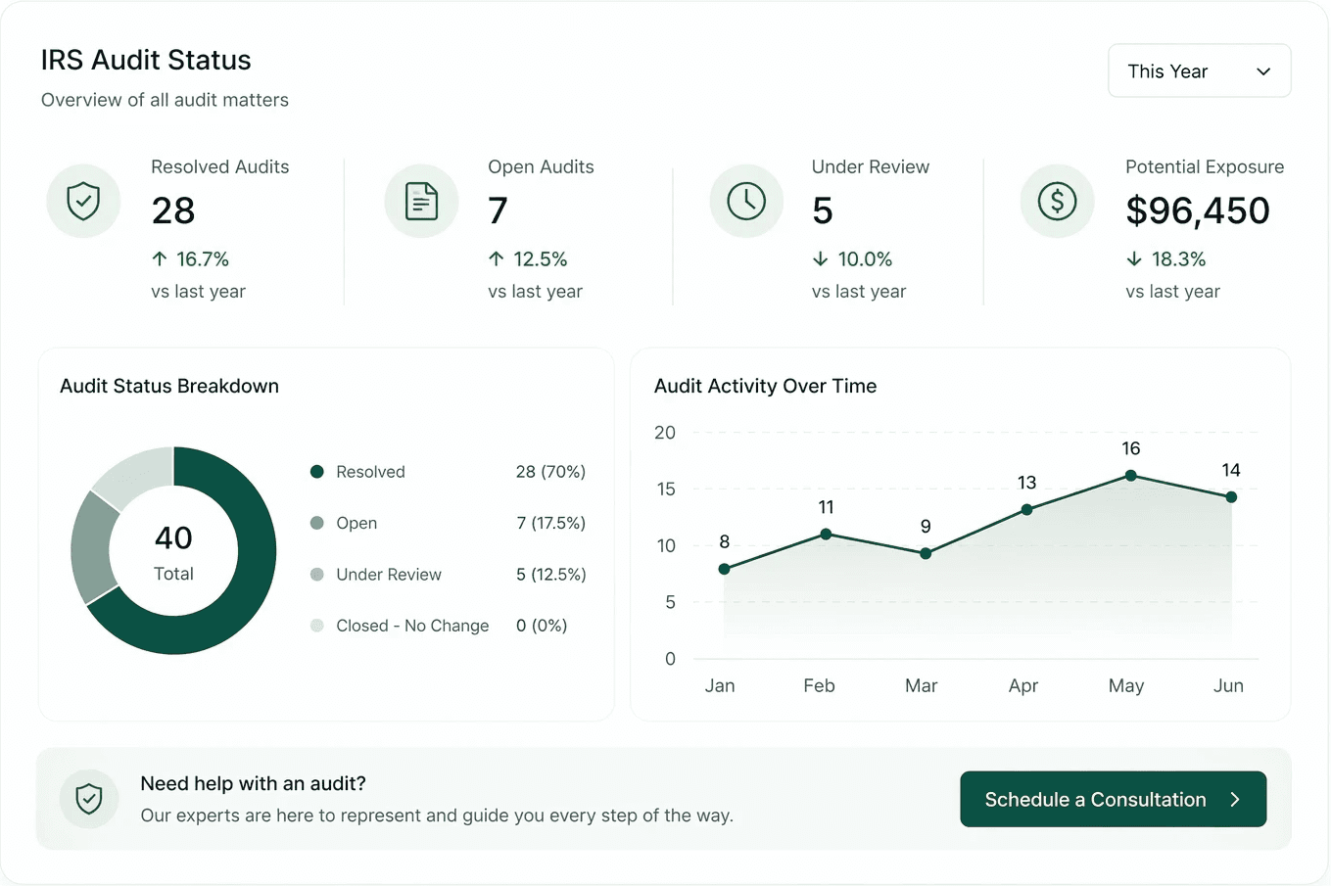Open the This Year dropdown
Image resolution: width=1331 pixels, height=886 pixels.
coord(1199,70)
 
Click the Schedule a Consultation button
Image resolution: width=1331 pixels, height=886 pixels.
coord(1113,799)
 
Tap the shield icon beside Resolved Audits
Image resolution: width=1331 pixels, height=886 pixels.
coord(83,201)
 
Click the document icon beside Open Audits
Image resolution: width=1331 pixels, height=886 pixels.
coord(421,202)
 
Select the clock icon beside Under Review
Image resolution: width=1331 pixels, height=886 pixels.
coord(746,202)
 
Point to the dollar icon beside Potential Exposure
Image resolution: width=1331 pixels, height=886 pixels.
coord(1057,202)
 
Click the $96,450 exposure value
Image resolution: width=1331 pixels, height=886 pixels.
coord(1197,210)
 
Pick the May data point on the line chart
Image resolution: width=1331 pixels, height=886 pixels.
coord(1131,475)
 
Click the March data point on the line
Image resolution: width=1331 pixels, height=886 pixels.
coord(926,553)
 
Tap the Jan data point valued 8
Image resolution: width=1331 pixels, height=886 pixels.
coord(724,569)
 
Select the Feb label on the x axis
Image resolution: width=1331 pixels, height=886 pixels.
coord(819,685)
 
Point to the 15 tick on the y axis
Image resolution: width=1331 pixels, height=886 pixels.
coord(666,489)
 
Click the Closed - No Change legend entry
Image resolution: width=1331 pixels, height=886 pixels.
coord(412,626)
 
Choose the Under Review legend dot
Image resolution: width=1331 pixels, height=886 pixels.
coord(317,575)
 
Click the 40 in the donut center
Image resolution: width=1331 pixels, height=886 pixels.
coord(173,537)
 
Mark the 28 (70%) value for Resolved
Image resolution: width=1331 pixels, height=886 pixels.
coord(550,472)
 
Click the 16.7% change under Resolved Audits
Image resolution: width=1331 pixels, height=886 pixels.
coord(202,258)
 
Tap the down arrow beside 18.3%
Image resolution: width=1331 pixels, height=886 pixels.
coord(1134,258)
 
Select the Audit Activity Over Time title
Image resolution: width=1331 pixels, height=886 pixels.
coord(765,386)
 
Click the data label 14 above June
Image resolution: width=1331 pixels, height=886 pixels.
coord(1230,470)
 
